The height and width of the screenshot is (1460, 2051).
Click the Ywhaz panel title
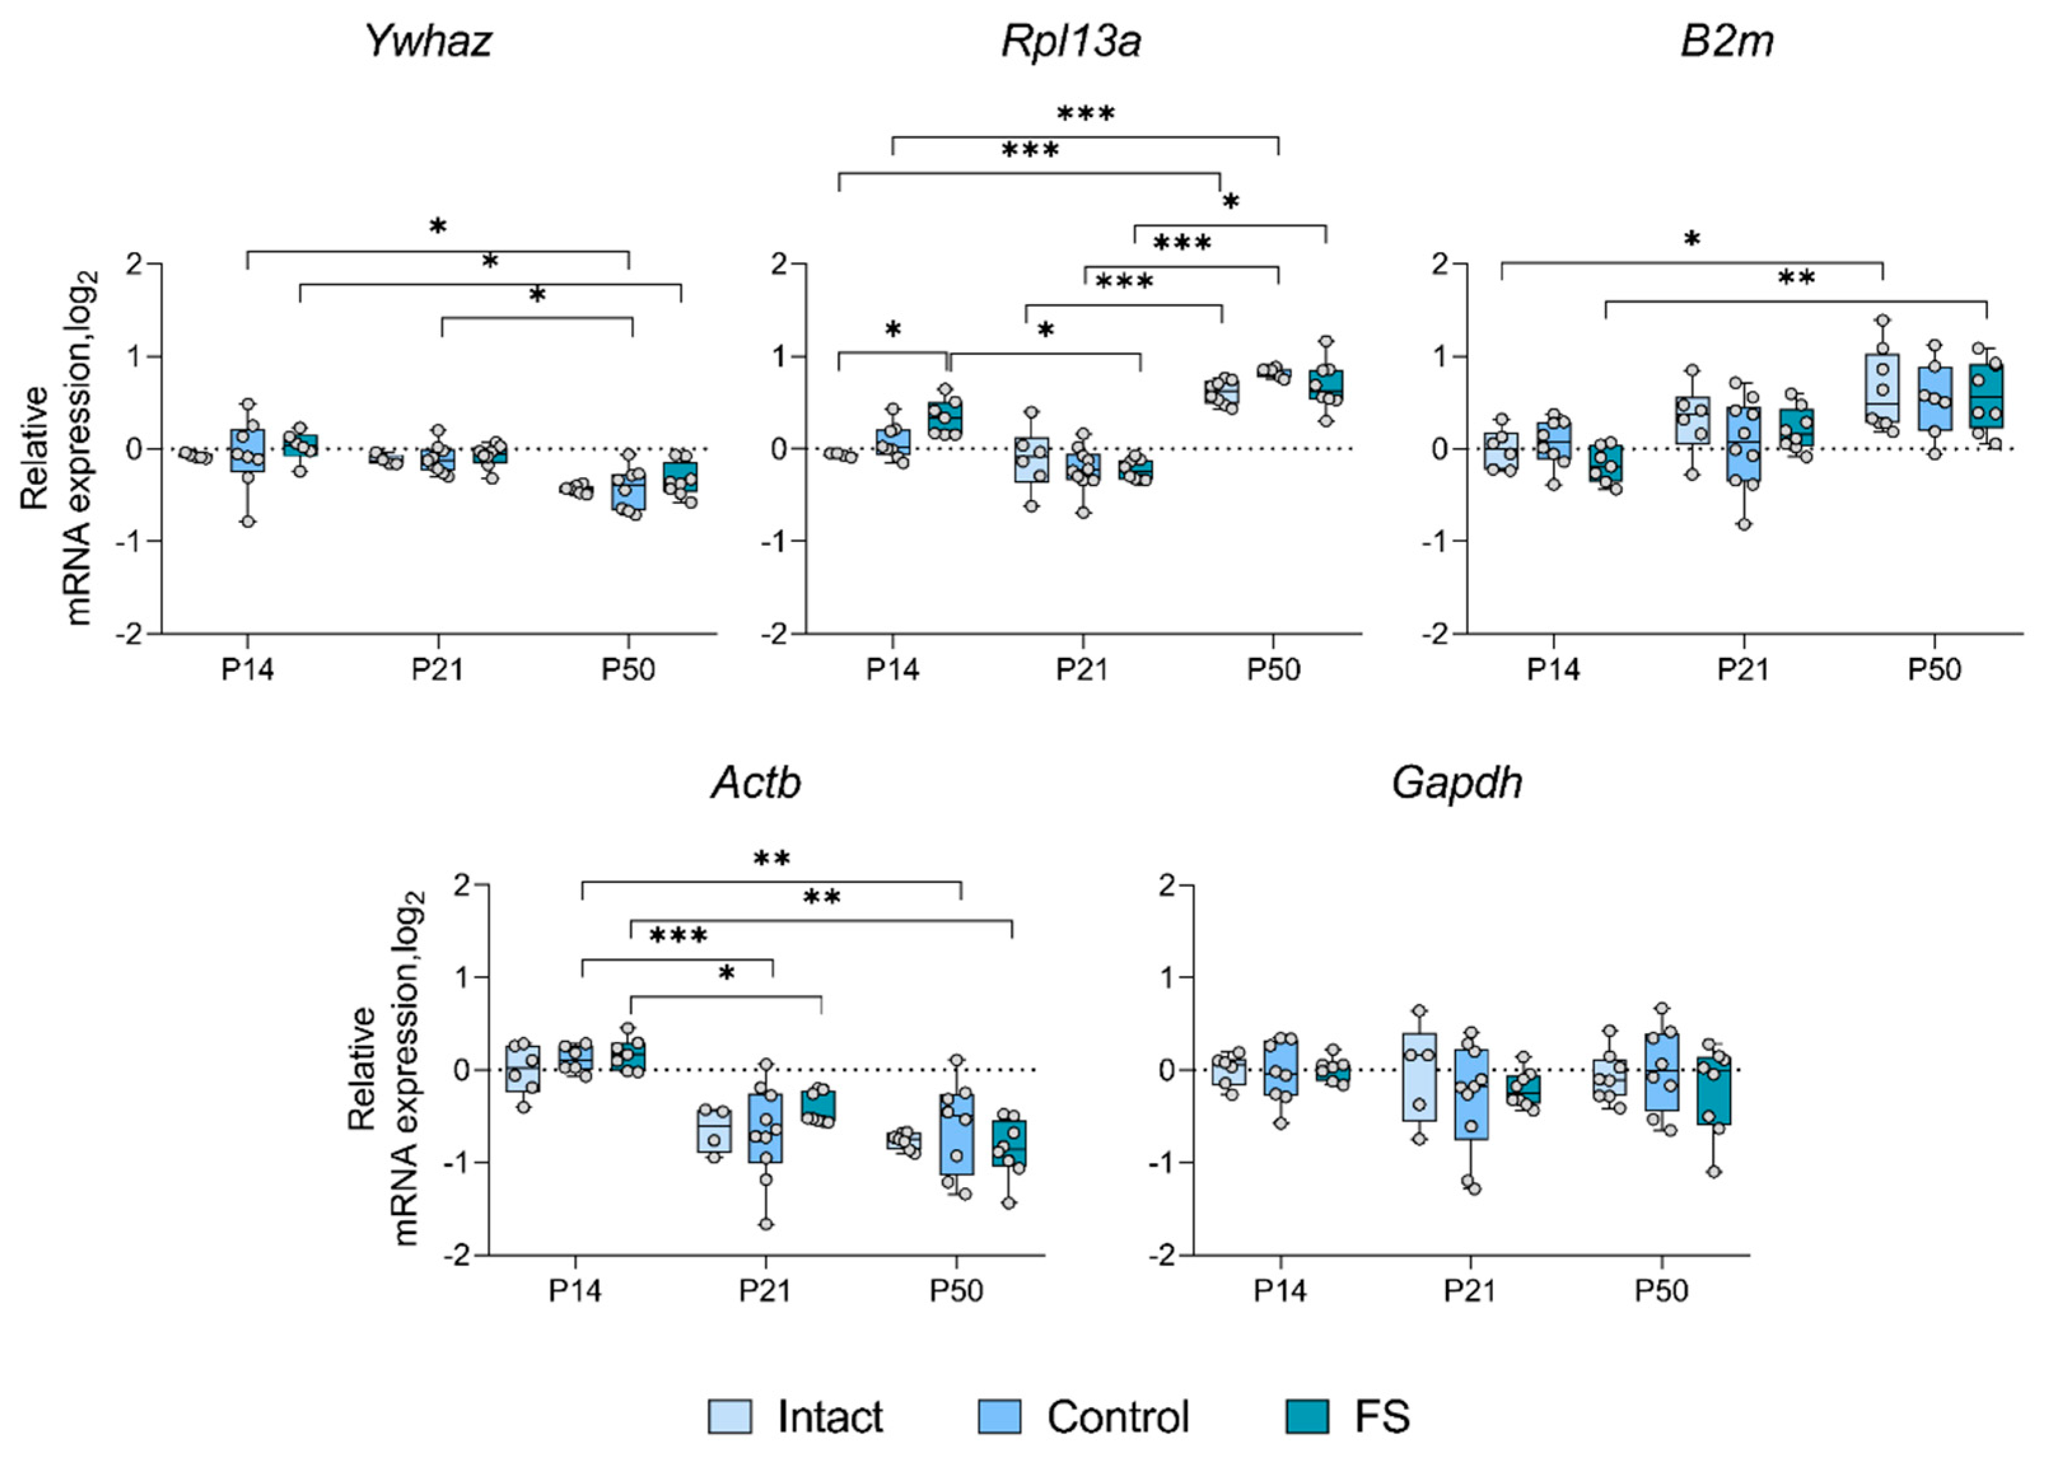tap(429, 41)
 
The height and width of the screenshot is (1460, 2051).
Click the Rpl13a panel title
tap(1071, 41)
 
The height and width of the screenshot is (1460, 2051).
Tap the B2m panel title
tap(1726, 41)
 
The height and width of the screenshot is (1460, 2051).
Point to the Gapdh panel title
tap(1457, 782)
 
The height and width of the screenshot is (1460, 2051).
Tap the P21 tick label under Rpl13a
tap(1082, 671)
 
